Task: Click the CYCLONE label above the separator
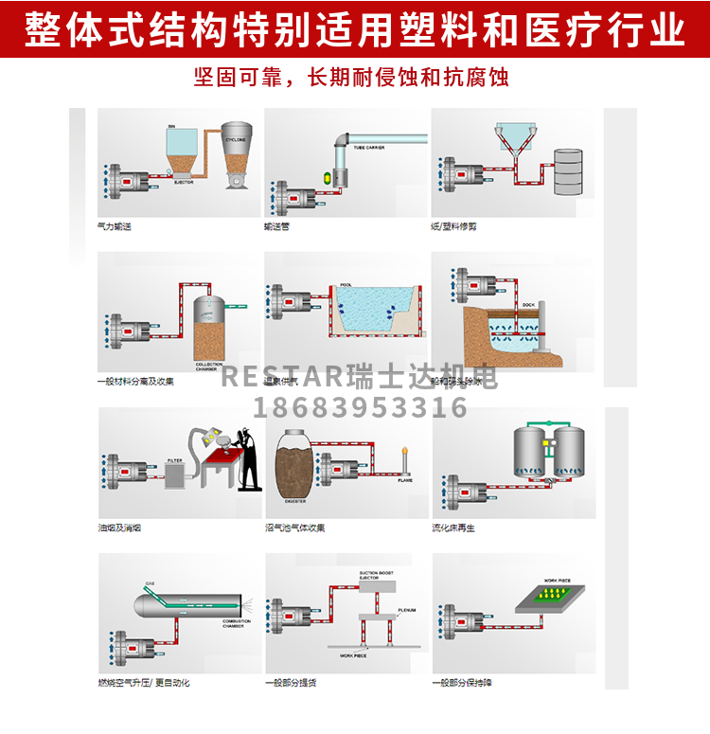[x=234, y=138]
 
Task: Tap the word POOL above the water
[x=346, y=283]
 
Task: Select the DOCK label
[x=528, y=305]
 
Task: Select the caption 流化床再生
[x=454, y=528]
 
